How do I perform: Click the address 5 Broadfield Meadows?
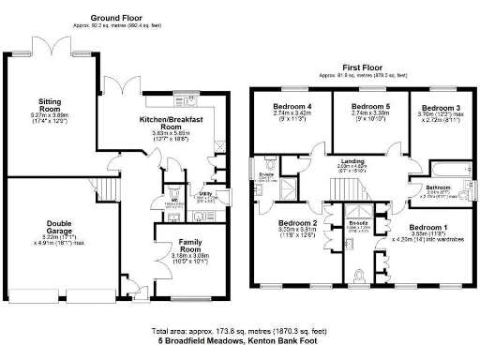point(239,343)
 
